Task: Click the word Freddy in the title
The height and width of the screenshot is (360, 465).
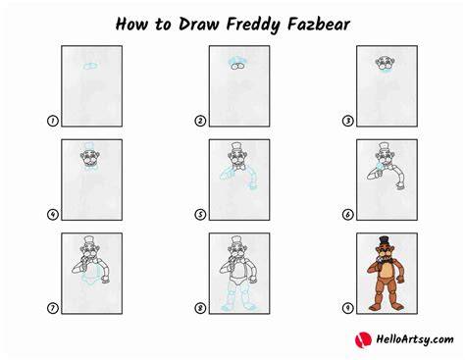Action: pyautogui.click(x=253, y=25)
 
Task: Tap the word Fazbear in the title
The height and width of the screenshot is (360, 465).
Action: pyautogui.click(x=319, y=25)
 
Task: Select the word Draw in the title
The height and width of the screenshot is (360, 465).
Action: pyautogui.click(x=198, y=25)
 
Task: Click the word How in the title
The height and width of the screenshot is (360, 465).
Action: pyautogui.click(x=131, y=25)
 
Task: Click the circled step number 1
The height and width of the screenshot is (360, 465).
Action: pyautogui.click(x=53, y=121)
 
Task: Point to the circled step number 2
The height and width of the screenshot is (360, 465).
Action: pyautogui.click(x=200, y=121)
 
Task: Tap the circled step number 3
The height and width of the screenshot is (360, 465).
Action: pyautogui.click(x=347, y=121)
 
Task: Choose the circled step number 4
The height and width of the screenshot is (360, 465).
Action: pyautogui.click(x=53, y=215)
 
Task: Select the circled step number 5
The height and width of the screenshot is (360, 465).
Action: pyautogui.click(x=200, y=215)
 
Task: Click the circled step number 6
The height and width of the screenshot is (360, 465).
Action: pyautogui.click(x=347, y=215)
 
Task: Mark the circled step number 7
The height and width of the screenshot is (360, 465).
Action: pyautogui.click(x=53, y=308)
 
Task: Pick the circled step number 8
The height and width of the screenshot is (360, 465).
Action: pyautogui.click(x=200, y=308)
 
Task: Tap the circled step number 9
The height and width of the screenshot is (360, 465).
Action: pyautogui.click(x=347, y=308)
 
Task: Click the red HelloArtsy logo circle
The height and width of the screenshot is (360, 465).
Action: pyautogui.click(x=363, y=339)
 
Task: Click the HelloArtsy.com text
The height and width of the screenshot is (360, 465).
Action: pyautogui.click(x=415, y=339)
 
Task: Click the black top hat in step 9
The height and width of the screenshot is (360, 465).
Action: pyautogui.click(x=384, y=240)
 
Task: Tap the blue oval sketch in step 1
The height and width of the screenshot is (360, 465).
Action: pyautogui.click(x=90, y=66)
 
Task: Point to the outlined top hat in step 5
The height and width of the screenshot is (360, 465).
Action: pyautogui.click(x=236, y=146)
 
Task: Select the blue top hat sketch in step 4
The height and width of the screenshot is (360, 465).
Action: pyautogui.click(x=89, y=146)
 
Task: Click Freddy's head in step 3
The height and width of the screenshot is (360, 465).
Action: pyautogui.click(x=386, y=63)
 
